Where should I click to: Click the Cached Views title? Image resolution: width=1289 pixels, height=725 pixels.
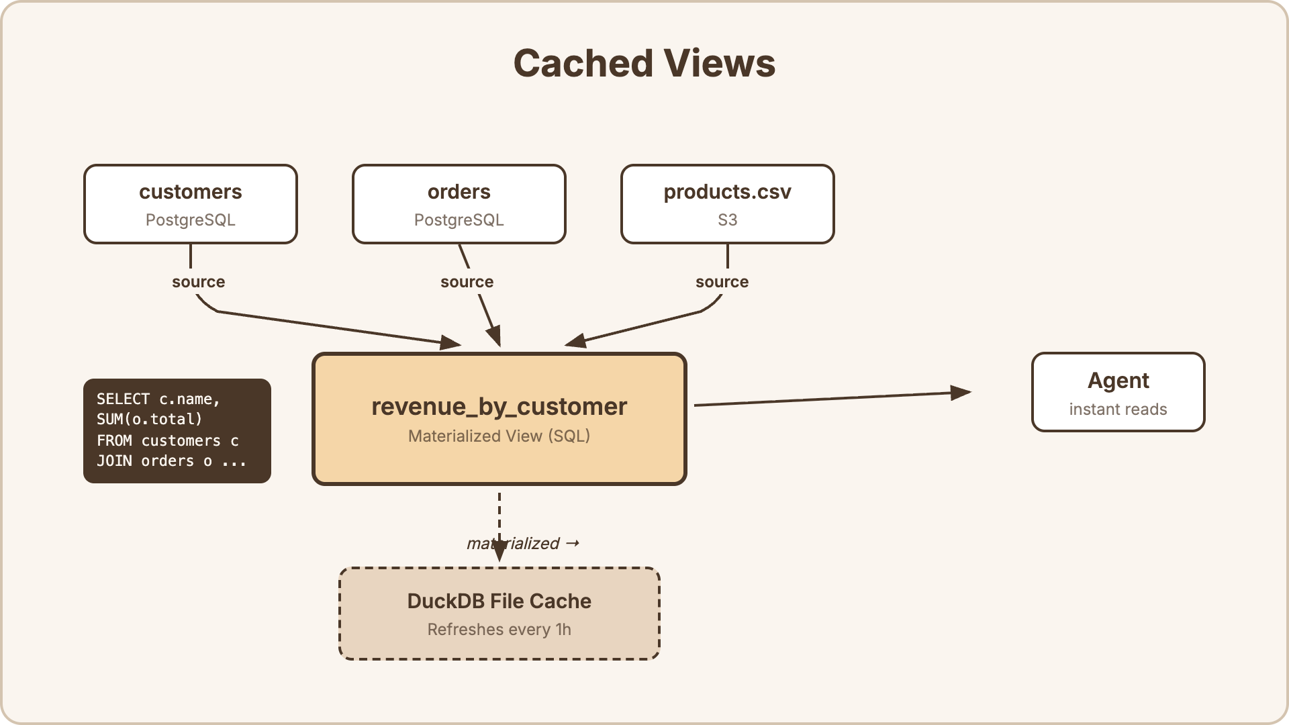[644, 64]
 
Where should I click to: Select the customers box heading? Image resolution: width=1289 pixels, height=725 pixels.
[190, 192]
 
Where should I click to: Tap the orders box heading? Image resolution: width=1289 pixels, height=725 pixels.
[459, 192]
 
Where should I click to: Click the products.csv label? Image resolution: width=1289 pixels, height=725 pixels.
[727, 192]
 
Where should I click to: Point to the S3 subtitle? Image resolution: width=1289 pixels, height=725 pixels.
[727, 220]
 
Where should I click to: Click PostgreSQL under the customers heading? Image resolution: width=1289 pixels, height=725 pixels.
[190, 220]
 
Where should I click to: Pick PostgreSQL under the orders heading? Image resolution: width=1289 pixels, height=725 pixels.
[459, 220]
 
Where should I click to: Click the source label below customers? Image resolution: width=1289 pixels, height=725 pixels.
[198, 282]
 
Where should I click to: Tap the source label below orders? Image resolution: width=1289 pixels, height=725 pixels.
[467, 282]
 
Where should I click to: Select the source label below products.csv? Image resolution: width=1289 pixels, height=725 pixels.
[722, 282]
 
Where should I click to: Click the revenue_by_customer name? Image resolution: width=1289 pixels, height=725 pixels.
[499, 407]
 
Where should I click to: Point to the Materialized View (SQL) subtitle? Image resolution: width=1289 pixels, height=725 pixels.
[499, 436]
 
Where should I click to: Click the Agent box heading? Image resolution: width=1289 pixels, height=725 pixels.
[1118, 381]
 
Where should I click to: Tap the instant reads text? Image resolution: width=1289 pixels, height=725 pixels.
[1118, 409]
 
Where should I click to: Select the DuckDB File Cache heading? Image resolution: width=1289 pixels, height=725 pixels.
[499, 601]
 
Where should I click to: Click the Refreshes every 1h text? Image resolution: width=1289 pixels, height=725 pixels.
[499, 630]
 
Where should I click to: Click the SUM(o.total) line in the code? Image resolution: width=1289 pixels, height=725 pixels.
[149, 420]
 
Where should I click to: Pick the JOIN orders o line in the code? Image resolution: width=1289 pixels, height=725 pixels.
[171, 461]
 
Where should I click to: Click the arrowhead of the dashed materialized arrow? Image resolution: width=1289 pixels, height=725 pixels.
[499, 552]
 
